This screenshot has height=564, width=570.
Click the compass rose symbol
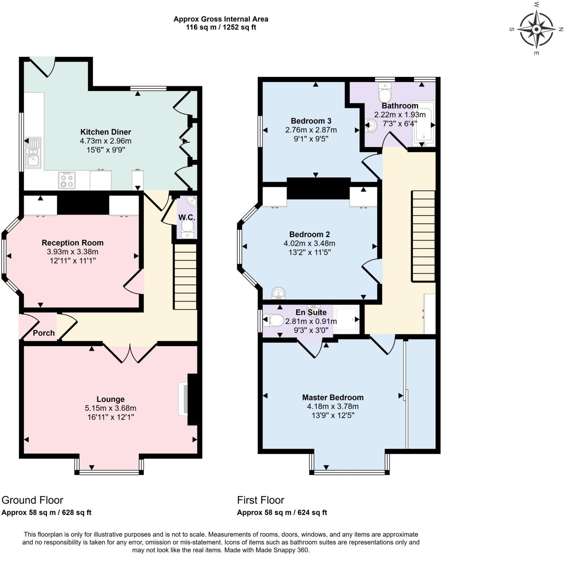(536, 29)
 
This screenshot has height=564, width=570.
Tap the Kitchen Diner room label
(105, 132)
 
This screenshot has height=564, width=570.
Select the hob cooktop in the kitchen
(67, 180)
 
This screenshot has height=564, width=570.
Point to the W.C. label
(186, 217)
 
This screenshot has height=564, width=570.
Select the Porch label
(44, 333)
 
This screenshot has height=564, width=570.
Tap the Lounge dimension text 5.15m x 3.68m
(110, 408)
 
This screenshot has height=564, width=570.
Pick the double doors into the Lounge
(130, 353)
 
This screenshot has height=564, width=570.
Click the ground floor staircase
(185, 276)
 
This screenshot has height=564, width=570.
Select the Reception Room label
(72, 243)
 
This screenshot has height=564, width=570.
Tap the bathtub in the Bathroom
(424, 123)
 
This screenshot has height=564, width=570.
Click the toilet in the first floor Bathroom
(386, 92)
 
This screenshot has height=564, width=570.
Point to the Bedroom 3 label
(311, 121)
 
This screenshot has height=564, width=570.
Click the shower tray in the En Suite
(346, 319)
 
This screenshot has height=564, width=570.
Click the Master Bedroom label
(333, 397)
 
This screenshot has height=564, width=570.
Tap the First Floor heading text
(260, 500)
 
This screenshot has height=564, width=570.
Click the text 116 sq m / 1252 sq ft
(221, 28)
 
